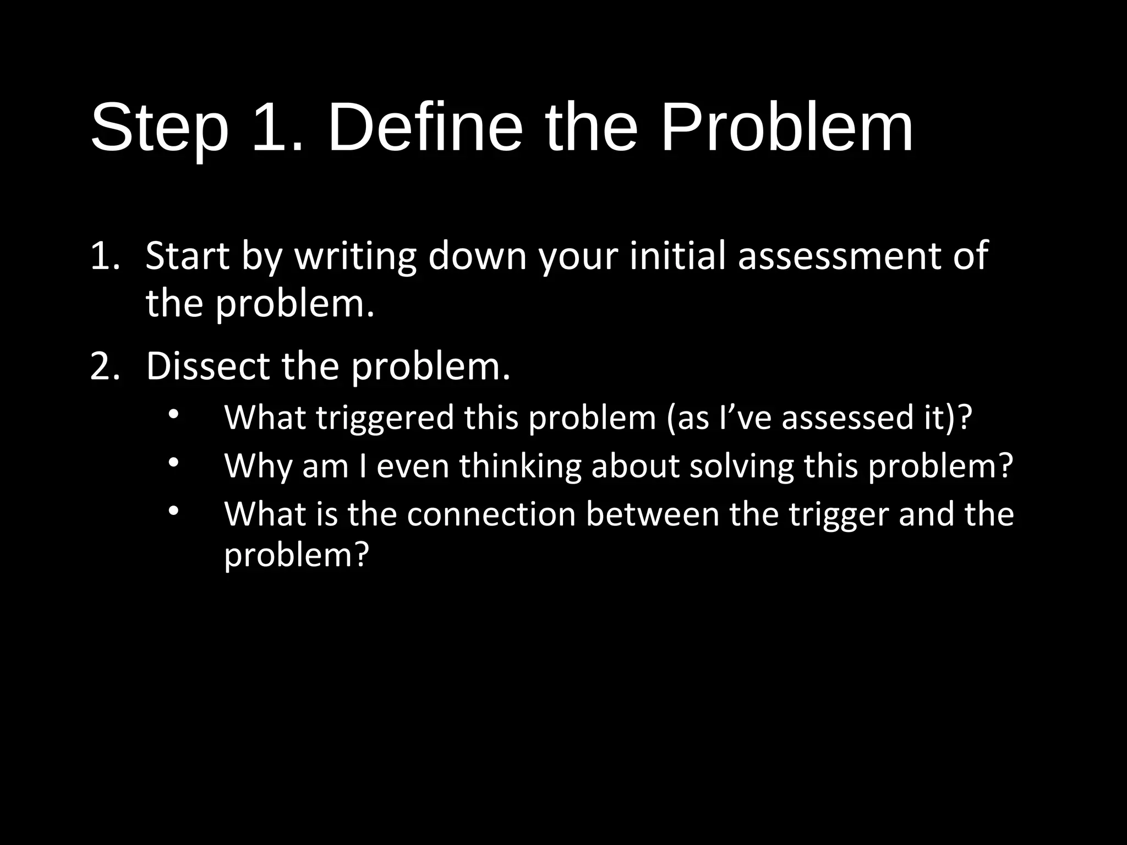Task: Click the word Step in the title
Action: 160,129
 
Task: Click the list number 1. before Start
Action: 105,256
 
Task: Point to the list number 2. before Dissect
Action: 105,366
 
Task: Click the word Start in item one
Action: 187,256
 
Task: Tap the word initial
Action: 677,256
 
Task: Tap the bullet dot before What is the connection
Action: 173,511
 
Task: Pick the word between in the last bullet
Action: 652,514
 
